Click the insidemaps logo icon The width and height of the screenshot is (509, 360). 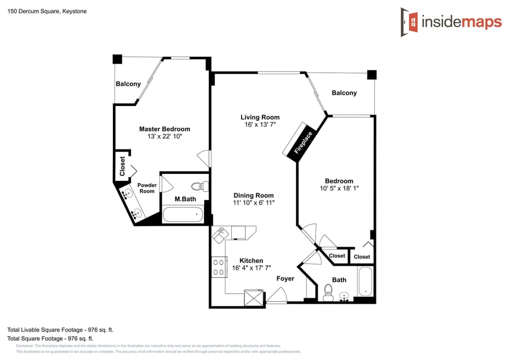409,22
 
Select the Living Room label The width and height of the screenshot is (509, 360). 260,117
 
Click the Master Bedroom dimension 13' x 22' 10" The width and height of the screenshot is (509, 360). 164,137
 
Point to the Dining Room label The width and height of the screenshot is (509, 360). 253,195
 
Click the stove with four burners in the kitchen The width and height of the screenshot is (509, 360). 218,267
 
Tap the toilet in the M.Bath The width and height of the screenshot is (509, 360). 199,186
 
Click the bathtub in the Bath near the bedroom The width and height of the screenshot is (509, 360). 366,282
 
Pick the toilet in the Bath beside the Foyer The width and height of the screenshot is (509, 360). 328,291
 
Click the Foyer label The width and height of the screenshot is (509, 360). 285,278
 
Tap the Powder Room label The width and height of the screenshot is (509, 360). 147,188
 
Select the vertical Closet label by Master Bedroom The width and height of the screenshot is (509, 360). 122,166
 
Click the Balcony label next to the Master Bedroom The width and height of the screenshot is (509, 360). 128,84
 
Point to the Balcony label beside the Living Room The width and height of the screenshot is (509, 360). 344,93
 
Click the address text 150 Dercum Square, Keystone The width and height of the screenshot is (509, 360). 47,11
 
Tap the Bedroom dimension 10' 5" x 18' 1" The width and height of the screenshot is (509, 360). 339,188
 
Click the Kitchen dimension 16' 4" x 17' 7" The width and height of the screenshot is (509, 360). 251,268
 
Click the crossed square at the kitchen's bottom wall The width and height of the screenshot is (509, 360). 254,297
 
